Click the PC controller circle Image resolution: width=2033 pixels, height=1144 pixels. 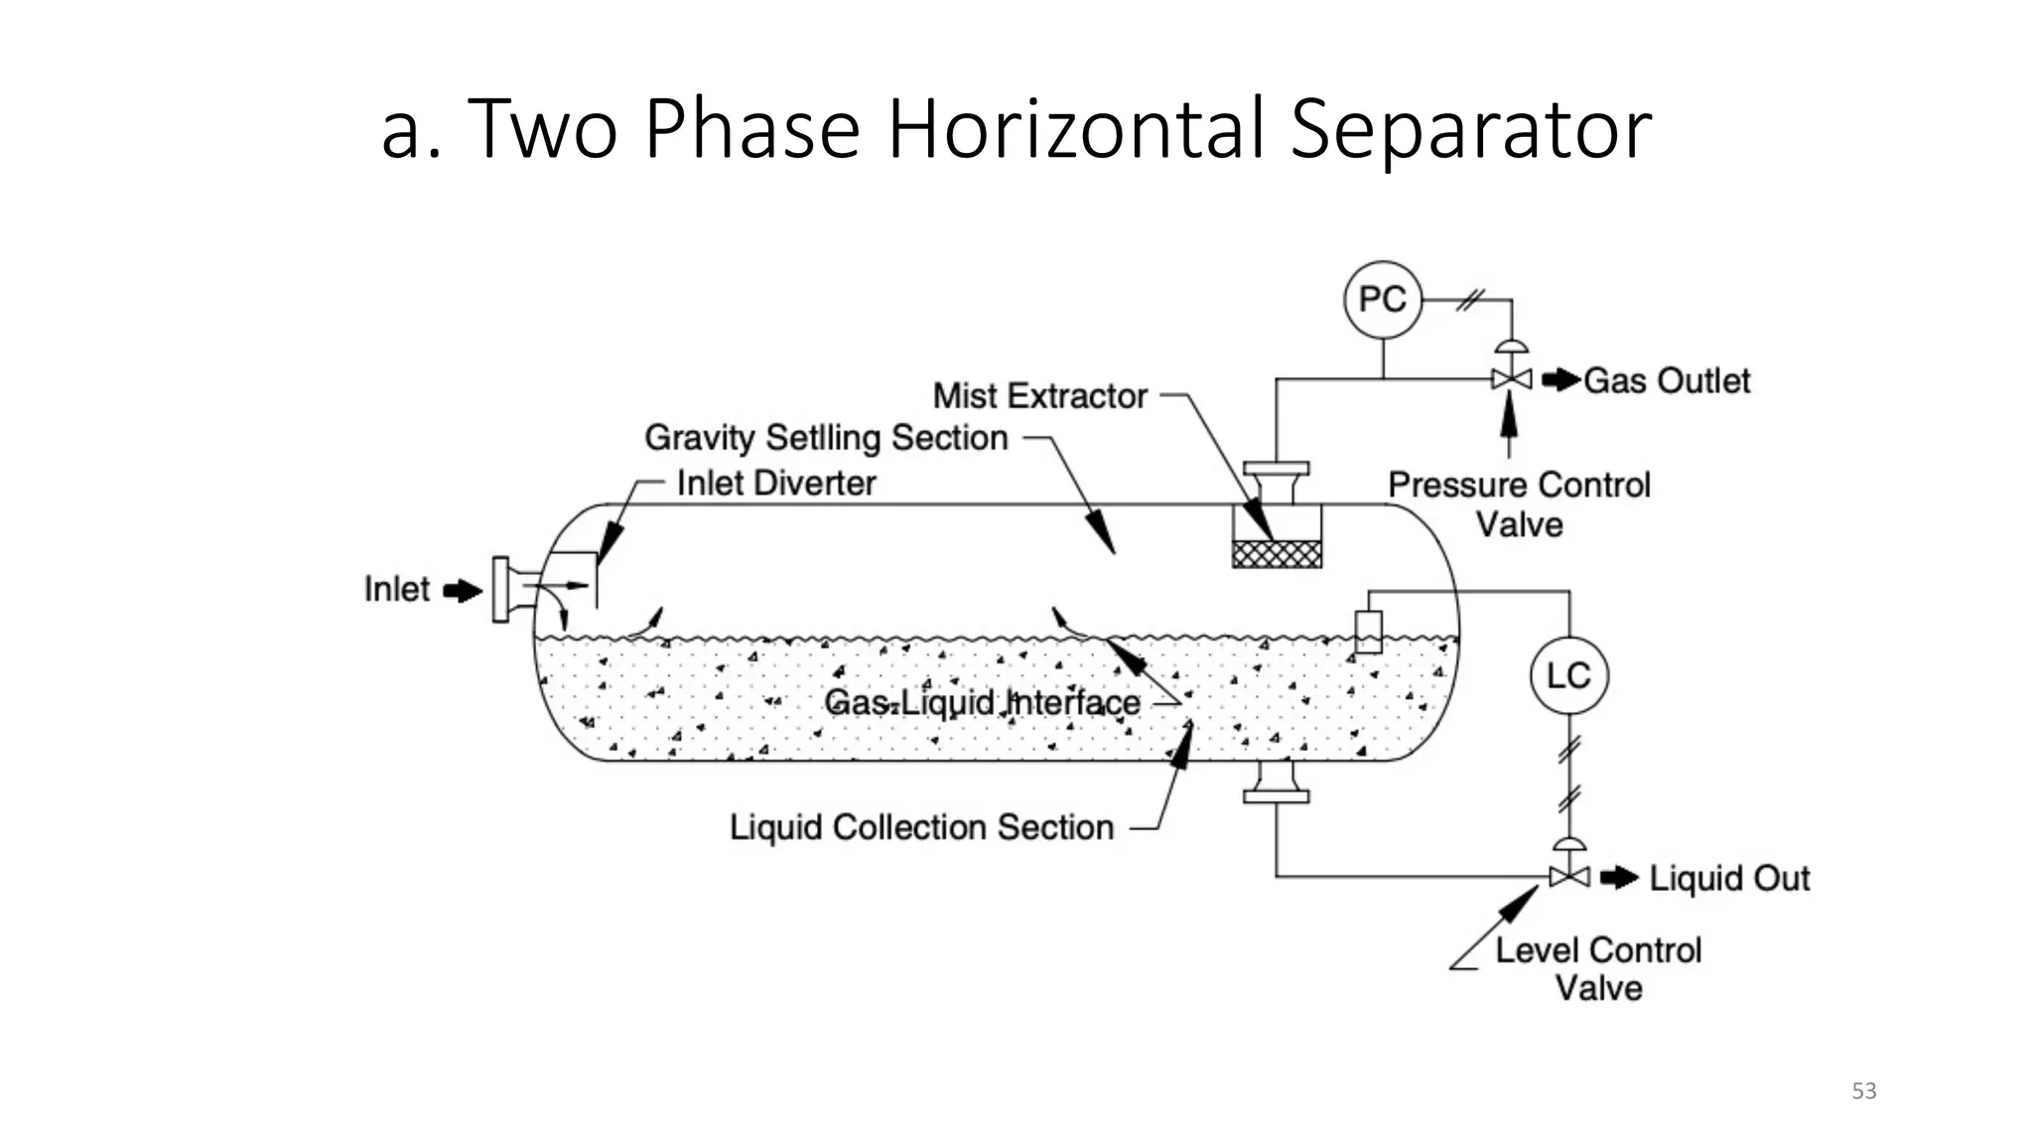(1382, 299)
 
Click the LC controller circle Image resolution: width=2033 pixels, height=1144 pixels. (1568, 676)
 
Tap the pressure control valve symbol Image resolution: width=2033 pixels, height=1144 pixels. (1511, 378)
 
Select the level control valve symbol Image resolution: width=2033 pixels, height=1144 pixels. (1568, 876)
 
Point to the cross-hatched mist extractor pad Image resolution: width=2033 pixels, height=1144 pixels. (1277, 553)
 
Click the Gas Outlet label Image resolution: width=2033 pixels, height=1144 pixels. (1666, 380)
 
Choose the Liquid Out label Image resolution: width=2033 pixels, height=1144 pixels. (1729, 878)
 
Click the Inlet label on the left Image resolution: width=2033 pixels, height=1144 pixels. (397, 589)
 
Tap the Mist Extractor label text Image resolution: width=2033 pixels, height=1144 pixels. (1039, 396)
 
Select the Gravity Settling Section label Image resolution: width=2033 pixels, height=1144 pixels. (826, 438)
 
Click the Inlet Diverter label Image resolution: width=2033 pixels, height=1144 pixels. (776, 484)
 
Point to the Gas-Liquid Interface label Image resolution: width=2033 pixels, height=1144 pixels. (982, 703)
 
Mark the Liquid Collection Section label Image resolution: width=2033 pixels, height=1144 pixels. (921, 827)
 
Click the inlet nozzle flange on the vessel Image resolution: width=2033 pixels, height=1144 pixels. (502, 590)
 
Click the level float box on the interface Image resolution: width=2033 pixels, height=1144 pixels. (1368, 632)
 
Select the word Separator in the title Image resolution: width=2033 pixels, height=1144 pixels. (1470, 129)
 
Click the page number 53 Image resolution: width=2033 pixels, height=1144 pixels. (1863, 1091)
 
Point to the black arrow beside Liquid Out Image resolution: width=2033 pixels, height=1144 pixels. (1619, 877)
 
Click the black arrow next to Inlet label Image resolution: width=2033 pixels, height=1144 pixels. (462, 591)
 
